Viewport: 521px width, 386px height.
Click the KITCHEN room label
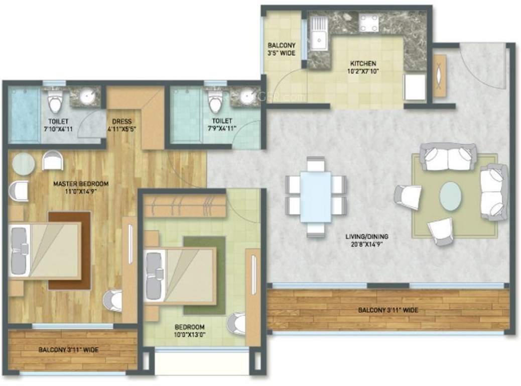coord(363,64)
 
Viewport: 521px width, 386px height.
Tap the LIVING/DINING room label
coord(366,236)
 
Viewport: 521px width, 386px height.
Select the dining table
coord(315,198)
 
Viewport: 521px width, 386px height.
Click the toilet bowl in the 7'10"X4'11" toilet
coord(54,103)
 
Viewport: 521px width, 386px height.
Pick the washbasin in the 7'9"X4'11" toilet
coord(245,96)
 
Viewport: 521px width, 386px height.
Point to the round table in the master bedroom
coord(23,164)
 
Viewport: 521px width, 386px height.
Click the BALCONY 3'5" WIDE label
coord(281,49)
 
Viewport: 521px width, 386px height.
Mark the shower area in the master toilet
coord(24,116)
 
